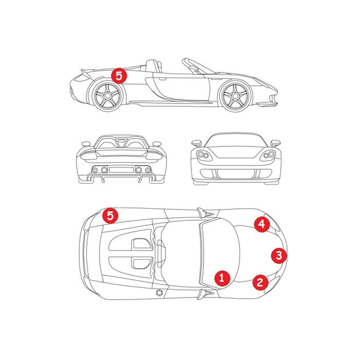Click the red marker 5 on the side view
coord(119,76)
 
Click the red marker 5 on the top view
coord(110,216)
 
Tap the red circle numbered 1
coord(222,278)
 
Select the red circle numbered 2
coord(260,282)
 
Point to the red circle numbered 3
coord(279,256)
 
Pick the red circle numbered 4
coord(262,224)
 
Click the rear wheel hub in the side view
coord(107,96)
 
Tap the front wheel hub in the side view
coord(235,96)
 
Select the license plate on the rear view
coord(121,170)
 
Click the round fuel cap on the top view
coord(159,293)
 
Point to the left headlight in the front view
coord(203,155)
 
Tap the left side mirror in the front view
coord(196,143)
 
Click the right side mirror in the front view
coord(275,143)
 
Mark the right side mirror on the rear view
coord(157,144)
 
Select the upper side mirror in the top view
coord(205,213)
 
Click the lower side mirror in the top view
coord(205,294)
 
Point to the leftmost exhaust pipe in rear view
coord(95,170)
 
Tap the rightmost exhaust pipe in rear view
coord(148,170)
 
